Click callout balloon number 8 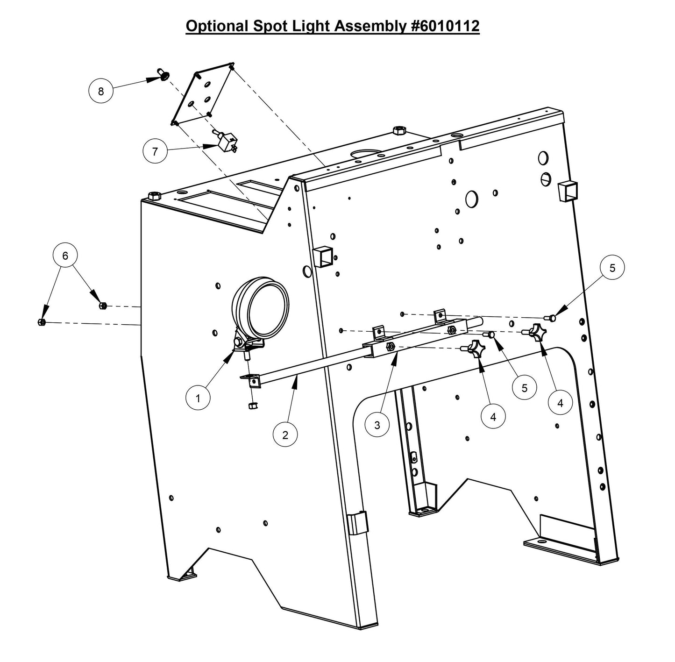tap(101, 91)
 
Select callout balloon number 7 tap(155, 151)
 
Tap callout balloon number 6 tap(65, 256)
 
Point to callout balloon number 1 tap(198, 398)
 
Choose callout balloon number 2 tap(285, 435)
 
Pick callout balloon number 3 tap(377, 425)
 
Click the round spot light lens tap(268, 308)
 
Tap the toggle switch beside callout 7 tap(227, 141)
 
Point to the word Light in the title tap(308, 26)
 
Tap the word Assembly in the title tap(371, 26)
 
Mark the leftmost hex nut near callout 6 tap(41, 322)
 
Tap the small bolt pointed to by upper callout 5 tap(552, 318)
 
